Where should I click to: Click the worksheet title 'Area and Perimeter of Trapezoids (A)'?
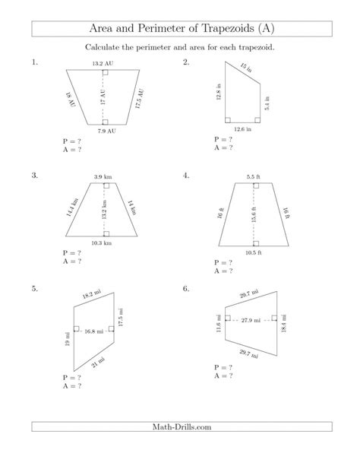179,29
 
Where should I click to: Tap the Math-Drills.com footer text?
179,427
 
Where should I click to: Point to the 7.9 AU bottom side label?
106,132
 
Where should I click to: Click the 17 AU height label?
102,97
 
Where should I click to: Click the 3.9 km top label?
103,177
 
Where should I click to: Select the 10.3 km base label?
102,243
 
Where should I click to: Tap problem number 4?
186,176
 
